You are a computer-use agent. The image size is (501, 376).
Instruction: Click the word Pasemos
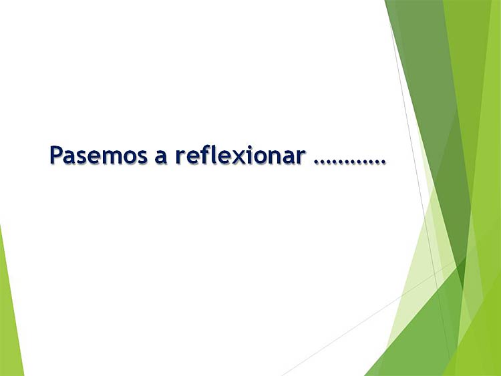tap(98, 155)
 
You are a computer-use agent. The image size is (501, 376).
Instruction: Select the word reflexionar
tap(240, 155)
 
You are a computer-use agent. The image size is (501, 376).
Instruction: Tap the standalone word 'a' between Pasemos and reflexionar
tap(161, 158)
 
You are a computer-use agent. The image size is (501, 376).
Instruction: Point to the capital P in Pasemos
tap(56, 155)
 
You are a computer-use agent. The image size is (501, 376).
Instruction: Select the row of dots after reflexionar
tap(349, 162)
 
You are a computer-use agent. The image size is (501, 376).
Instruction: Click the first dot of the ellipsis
tap(317, 162)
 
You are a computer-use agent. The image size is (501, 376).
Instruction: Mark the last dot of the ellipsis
tap(383, 162)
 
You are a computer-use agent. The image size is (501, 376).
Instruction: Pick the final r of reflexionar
tap(301, 157)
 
